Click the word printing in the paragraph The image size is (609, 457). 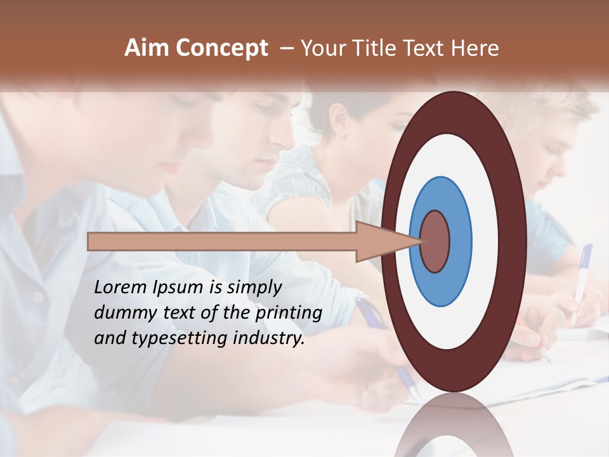tap(288, 314)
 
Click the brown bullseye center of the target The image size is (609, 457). tap(435, 241)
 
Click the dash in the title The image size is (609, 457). tap(287, 48)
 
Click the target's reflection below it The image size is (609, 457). tap(454, 425)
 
